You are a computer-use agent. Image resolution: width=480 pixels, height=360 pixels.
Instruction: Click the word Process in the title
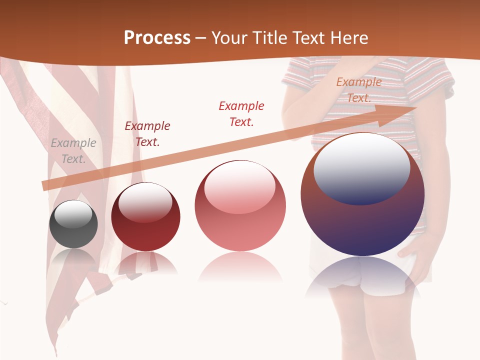coord(157,38)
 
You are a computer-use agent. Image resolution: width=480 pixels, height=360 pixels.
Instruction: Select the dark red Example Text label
coord(147,134)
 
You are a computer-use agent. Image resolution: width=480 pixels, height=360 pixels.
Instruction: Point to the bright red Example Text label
coord(241,113)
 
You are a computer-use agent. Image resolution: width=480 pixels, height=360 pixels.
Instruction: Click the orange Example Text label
coord(359,90)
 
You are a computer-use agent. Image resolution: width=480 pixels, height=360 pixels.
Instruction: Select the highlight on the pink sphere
coord(240,187)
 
